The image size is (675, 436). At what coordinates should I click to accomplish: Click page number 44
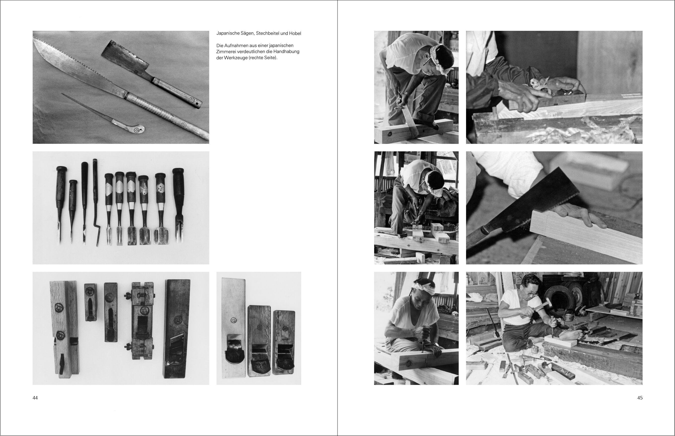(x=35, y=398)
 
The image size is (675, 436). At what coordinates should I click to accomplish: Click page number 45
(x=640, y=398)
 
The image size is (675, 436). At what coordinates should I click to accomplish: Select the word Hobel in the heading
(x=295, y=33)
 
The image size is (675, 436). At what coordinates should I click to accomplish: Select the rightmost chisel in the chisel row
(x=179, y=205)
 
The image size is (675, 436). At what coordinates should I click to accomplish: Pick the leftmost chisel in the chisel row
(x=60, y=205)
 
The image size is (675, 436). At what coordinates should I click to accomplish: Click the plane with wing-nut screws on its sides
(x=143, y=321)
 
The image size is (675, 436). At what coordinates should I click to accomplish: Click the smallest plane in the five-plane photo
(x=90, y=302)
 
